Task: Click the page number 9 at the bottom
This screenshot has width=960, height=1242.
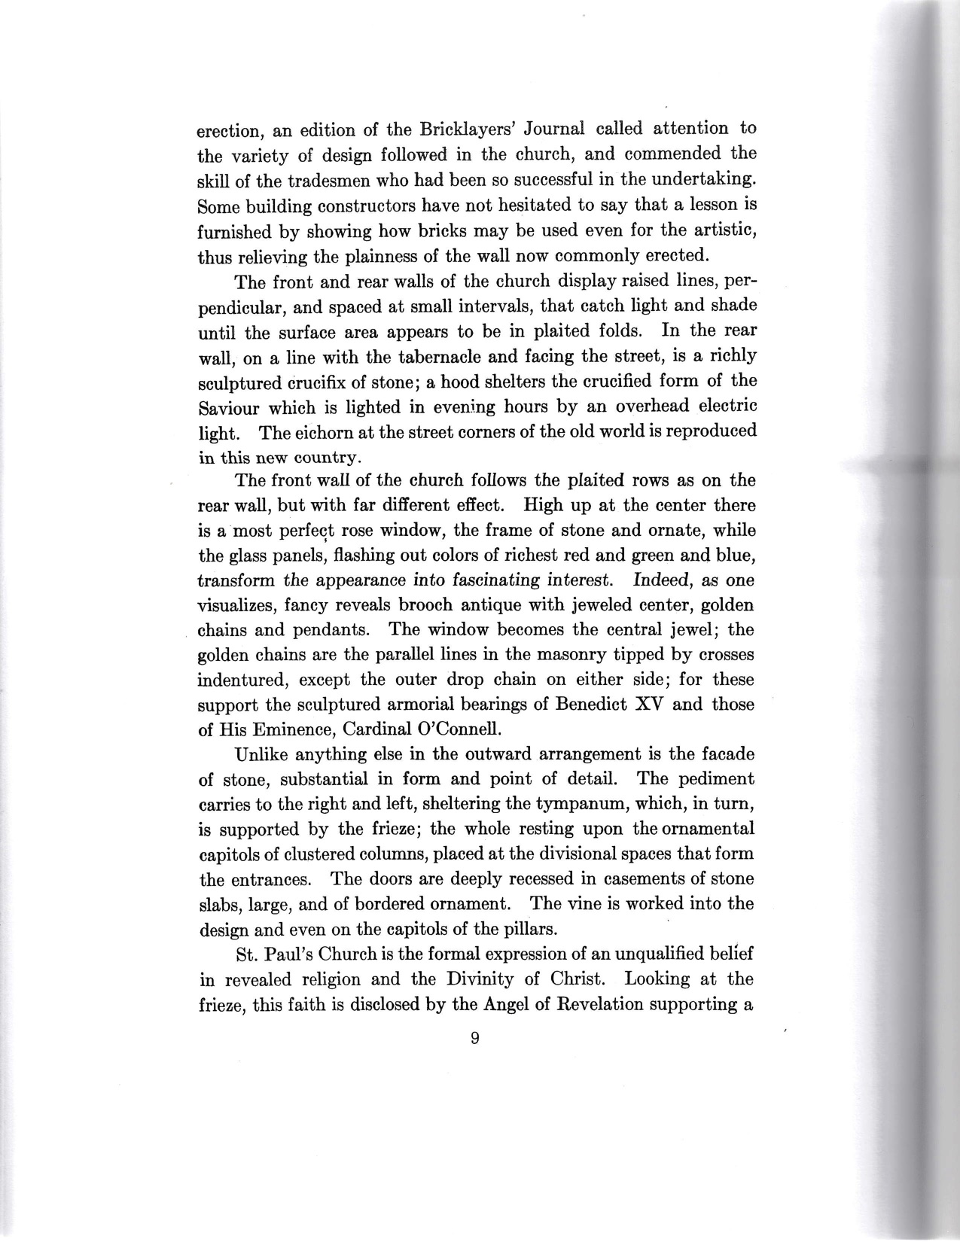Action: (475, 1039)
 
